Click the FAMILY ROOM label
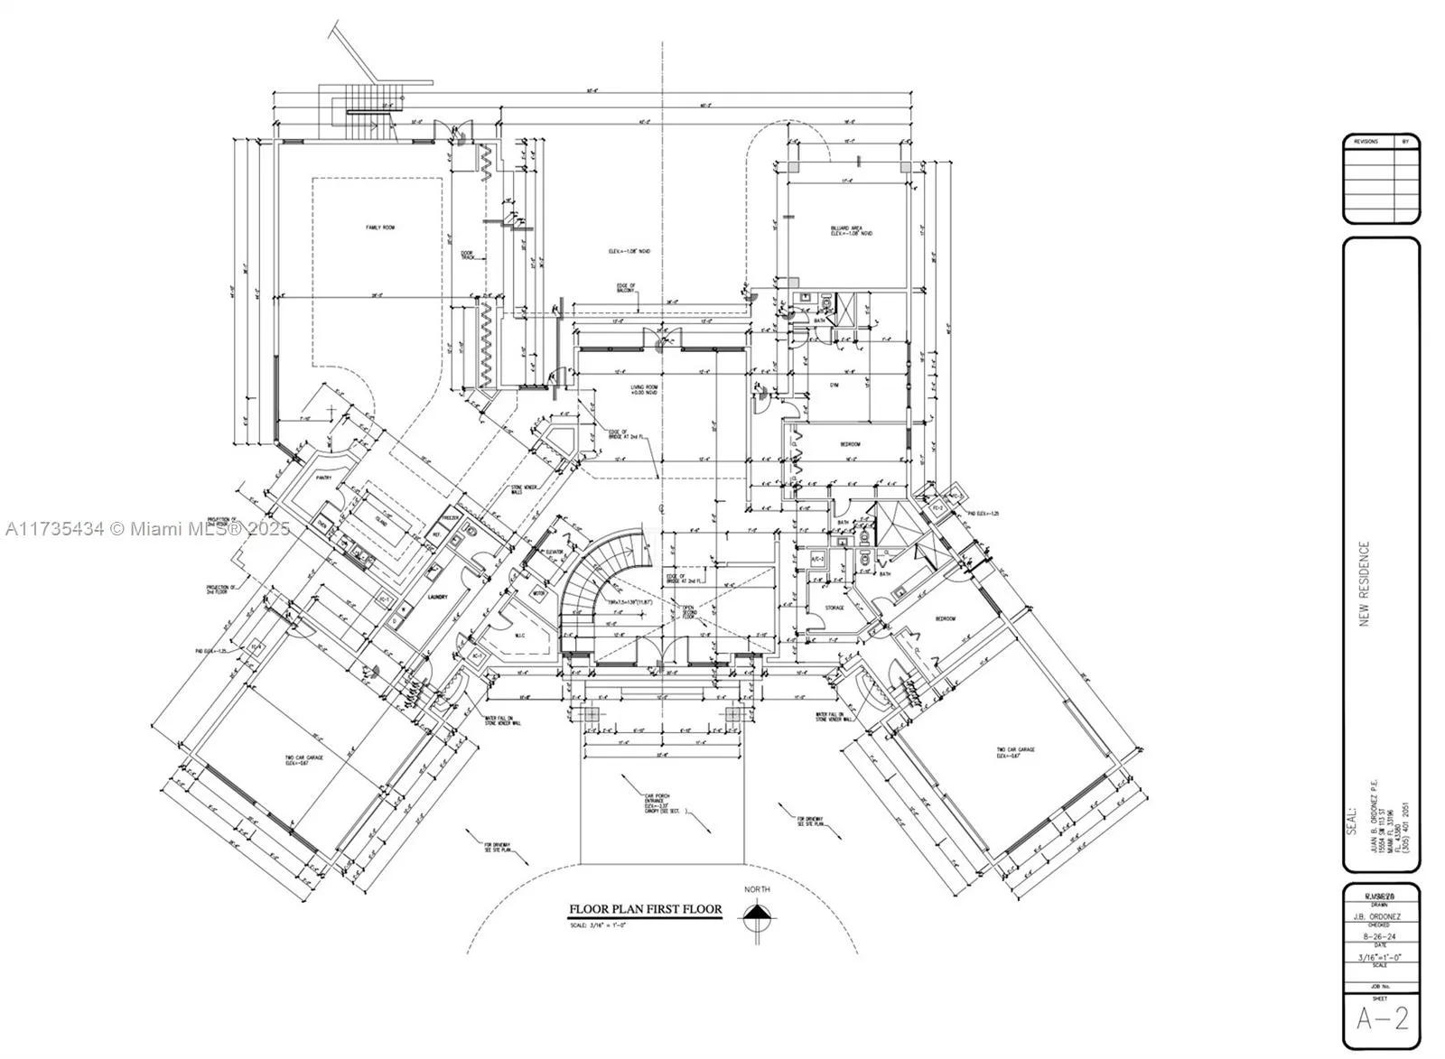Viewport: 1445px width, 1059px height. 380,228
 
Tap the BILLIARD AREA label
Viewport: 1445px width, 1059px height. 851,230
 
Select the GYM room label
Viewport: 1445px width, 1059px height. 834,385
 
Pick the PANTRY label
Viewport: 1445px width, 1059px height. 324,478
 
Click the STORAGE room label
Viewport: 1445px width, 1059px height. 834,608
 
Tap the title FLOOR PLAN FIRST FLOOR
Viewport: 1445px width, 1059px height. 645,909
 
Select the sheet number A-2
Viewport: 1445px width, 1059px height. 1382,1019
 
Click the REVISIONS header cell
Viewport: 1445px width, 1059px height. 1366,142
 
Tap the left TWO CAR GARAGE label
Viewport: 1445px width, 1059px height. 304,759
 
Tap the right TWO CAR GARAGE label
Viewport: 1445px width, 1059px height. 1015,751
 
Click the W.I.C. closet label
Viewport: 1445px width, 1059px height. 520,636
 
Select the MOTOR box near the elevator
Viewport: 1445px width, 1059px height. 540,594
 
